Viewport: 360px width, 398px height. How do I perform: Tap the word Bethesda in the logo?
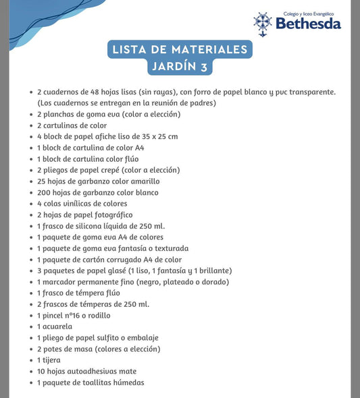click(308, 24)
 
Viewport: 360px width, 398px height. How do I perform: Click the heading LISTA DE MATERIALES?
click(180, 49)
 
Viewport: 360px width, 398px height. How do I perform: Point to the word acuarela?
click(59, 326)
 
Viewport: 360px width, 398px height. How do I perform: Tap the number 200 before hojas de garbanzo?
click(45, 192)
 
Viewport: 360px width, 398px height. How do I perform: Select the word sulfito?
click(113, 338)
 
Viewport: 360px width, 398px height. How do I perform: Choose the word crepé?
click(115, 170)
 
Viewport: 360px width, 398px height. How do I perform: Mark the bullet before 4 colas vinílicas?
click(31, 204)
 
